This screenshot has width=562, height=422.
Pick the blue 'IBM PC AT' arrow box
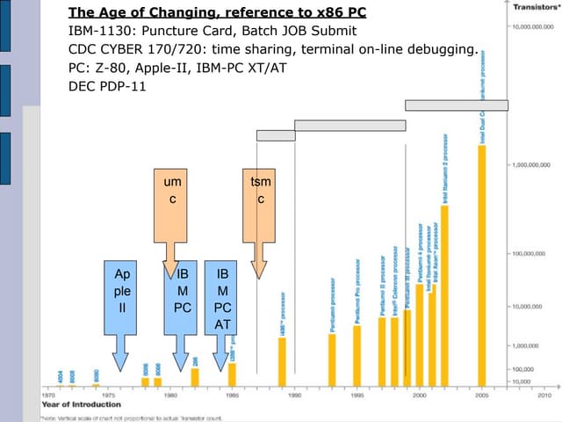coord(223,299)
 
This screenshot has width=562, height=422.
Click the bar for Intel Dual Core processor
coord(482,264)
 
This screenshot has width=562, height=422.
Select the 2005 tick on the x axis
coord(482,396)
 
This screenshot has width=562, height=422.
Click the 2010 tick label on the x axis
coord(544,396)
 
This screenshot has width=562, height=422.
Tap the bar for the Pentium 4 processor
coord(419,334)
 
